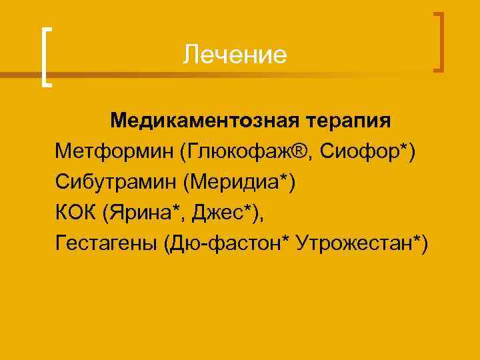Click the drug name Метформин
click(113, 152)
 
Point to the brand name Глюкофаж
click(239, 152)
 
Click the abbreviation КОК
click(76, 213)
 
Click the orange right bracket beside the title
click(439, 41)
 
